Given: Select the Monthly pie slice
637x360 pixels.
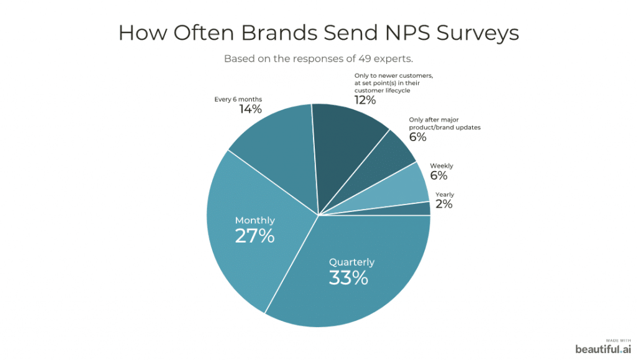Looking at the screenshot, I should [249, 249].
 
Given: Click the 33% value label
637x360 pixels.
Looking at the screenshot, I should [348, 277].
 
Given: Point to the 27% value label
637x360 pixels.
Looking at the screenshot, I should [254, 236].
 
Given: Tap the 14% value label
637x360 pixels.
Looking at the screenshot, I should [251, 109].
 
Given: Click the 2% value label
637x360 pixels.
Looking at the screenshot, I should [444, 204].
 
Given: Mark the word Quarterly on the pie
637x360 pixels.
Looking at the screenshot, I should [351, 262].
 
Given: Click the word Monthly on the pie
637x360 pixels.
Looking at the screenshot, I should [254, 221].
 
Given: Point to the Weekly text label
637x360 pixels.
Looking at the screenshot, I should [442, 166].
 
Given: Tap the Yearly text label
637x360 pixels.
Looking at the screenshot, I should [445, 195].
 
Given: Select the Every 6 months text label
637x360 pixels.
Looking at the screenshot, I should [238, 99].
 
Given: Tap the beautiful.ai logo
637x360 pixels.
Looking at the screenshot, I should [603, 349].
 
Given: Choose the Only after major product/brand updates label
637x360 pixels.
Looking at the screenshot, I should [444, 123].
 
